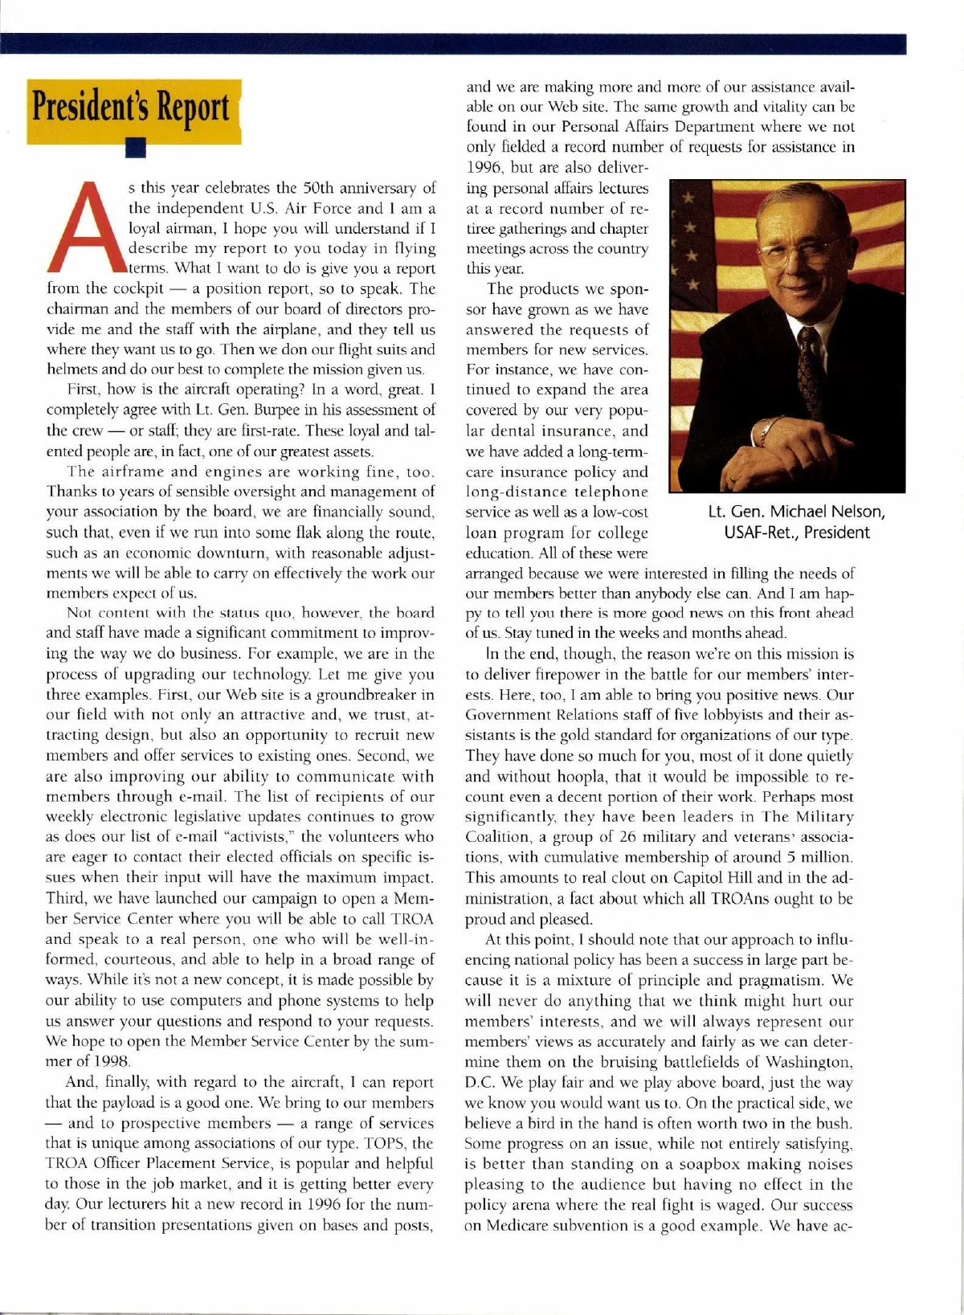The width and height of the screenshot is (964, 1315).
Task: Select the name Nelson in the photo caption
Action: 855,512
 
